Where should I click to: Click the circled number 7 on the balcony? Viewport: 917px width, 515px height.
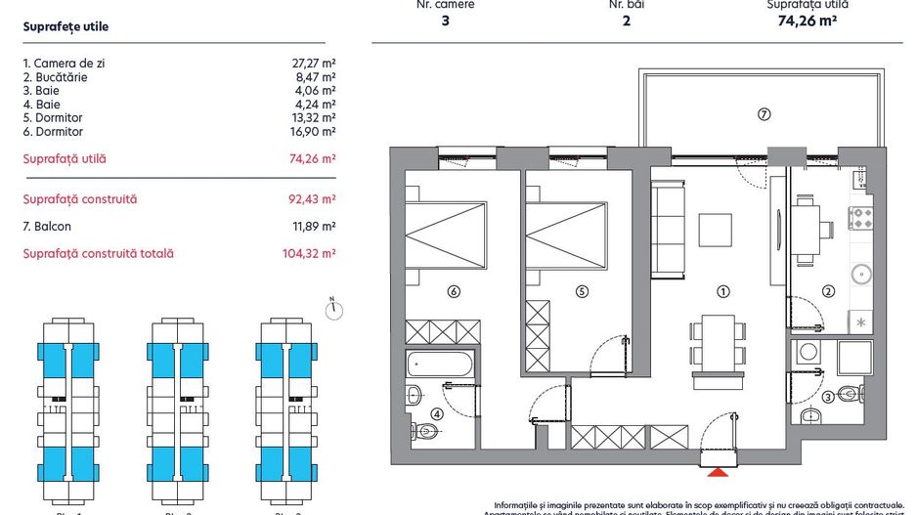(x=764, y=114)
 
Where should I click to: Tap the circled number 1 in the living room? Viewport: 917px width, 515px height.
(x=723, y=291)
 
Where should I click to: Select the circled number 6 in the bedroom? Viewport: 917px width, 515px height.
(x=453, y=290)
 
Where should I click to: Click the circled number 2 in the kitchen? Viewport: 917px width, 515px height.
(x=827, y=290)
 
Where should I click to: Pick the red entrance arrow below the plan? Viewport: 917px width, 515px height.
(x=719, y=473)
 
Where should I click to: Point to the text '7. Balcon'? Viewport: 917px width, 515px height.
(x=47, y=227)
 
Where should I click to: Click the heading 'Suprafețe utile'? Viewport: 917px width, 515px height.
(x=65, y=27)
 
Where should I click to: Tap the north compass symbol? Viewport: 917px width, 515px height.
(x=333, y=309)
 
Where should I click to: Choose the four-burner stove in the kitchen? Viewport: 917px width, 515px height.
(x=860, y=218)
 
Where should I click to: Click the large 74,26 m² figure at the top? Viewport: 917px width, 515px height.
(x=807, y=21)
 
